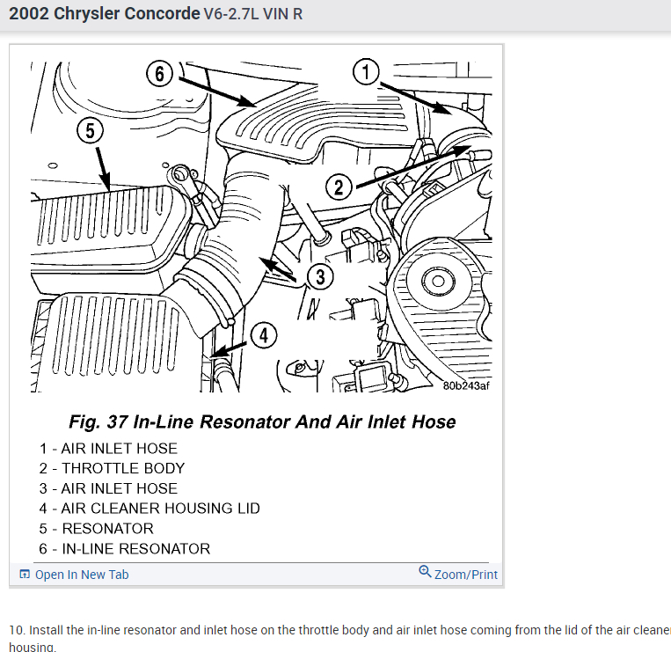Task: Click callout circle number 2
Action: (339, 187)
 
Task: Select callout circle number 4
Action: (264, 335)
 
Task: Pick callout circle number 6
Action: (159, 74)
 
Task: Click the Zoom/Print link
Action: (465, 575)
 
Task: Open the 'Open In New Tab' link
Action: (82, 575)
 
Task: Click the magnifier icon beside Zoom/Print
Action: (426, 573)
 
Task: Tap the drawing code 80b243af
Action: (466, 385)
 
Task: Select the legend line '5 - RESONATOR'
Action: (97, 529)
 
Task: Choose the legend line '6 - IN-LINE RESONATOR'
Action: (125, 549)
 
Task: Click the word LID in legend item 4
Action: (246, 509)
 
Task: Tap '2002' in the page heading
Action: (28, 15)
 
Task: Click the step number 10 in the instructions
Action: (17, 630)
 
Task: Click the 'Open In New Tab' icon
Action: (25, 575)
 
